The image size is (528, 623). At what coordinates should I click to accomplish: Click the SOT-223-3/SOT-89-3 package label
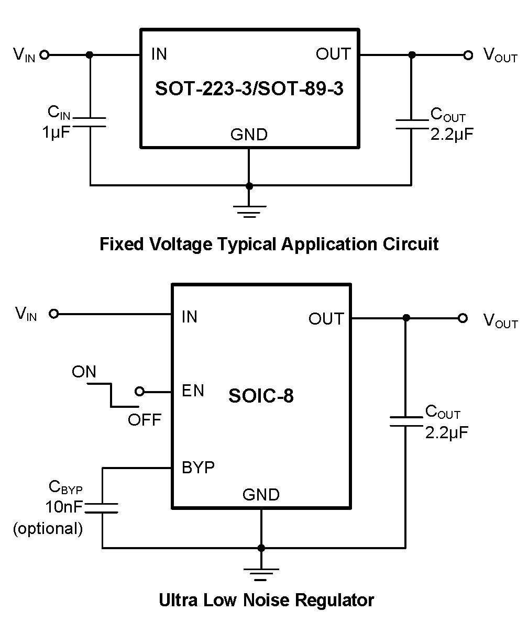point(249,88)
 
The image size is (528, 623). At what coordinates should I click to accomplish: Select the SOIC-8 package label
point(261,396)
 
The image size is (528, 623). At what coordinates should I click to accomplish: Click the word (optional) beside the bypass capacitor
point(48,529)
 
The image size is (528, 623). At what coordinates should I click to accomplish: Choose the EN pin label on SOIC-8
point(193,391)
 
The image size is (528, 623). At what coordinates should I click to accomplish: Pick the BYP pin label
point(198,467)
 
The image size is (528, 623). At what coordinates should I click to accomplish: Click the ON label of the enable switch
point(84,372)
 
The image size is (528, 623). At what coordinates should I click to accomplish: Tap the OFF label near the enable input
point(145,420)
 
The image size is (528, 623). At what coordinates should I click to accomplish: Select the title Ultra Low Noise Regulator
point(267,600)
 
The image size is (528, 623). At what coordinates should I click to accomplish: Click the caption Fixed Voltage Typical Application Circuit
point(269,244)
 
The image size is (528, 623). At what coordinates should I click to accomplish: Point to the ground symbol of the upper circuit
point(249,209)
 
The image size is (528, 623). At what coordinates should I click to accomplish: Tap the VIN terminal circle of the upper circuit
point(45,54)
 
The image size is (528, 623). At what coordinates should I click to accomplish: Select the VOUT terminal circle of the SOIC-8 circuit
point(462,318)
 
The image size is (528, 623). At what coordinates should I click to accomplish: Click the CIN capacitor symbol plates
point(90,122)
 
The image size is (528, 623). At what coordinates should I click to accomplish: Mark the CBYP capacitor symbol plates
point(102,507)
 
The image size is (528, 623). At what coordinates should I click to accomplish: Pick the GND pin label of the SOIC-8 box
point(261,495)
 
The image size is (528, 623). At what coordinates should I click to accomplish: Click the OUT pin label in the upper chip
point(333,54)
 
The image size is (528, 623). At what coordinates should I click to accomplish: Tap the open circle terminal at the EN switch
point(139,391)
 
